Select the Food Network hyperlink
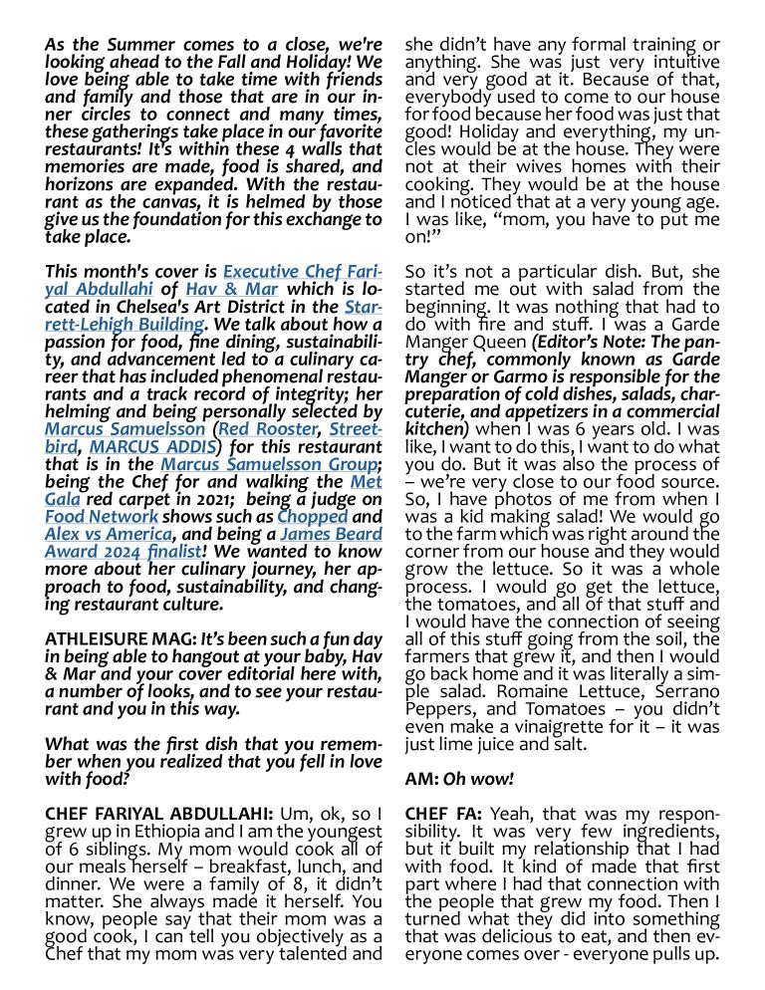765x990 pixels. pos(102,516)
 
